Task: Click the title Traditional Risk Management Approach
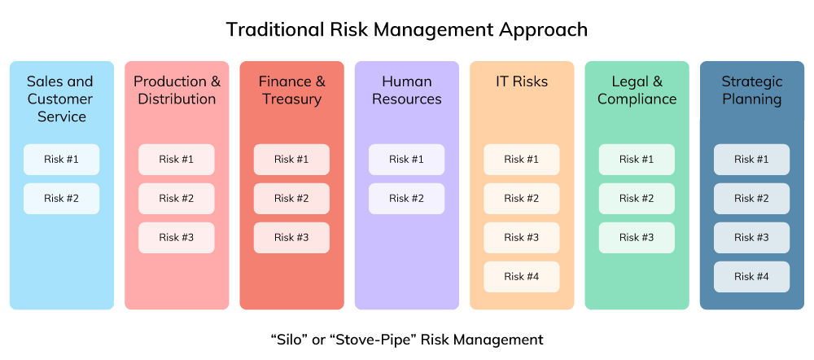406,30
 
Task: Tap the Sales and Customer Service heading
60,99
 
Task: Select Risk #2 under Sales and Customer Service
61,198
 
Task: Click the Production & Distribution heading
177,90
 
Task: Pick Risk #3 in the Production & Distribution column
176,237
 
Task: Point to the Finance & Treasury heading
291,90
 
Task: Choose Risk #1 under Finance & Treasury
291,159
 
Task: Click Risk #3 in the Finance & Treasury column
291,237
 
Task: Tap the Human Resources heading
406,90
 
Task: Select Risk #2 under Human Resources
406,198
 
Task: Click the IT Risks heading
522,81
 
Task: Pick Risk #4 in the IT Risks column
522,276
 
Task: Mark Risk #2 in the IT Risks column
522,198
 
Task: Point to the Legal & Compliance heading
637,90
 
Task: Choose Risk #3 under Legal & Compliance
637,237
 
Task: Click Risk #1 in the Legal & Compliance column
637,159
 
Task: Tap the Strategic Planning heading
751,90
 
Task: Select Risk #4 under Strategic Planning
751,276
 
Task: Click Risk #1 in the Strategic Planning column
751,159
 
